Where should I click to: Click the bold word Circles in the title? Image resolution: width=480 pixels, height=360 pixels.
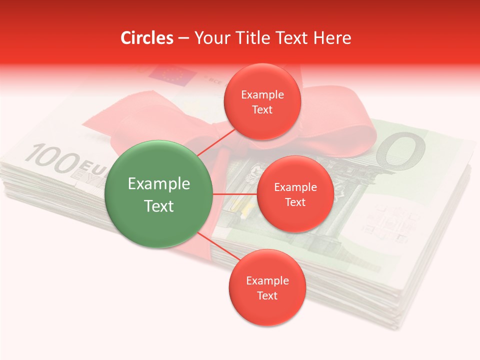coord(147,38)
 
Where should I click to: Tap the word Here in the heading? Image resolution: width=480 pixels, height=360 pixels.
coord(332,38)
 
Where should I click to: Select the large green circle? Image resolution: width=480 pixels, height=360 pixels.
coord(158,194)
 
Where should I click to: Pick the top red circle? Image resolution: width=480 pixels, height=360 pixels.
coord(262,101)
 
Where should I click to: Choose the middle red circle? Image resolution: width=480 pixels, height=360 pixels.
coord(295,194)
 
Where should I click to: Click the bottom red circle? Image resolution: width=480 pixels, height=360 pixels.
coord(267,287)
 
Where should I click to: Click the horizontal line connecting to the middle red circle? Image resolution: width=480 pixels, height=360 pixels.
coord(234,194)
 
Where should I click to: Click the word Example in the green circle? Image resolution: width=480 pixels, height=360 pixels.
coord(158,183)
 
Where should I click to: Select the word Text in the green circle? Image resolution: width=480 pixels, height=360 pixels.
coord(158,206)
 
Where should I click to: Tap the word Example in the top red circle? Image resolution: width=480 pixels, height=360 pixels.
coord(262,94)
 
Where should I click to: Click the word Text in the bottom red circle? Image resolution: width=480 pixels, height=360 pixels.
coord(267,295)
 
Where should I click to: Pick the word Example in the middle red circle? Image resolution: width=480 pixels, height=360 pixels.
coord(295,187)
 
